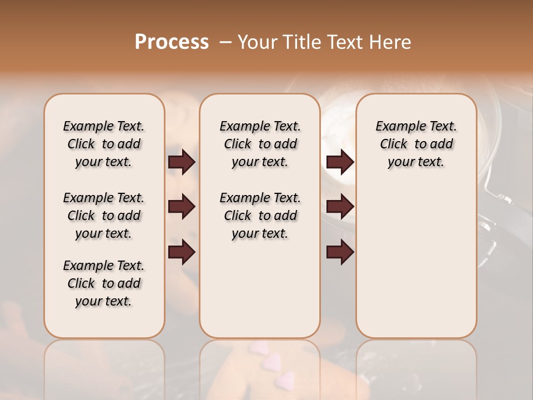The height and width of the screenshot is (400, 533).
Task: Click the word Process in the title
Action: coord(172,42)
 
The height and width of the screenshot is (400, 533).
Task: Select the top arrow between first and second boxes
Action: coord(182,162)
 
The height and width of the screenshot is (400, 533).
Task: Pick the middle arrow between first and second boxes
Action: coord(182,207)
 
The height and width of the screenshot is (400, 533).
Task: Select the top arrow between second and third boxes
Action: coord(340,162)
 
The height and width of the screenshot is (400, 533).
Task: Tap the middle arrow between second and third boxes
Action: coord(340,207)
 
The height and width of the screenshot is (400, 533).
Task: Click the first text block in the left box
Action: coord(104,144)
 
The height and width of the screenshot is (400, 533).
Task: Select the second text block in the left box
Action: coord(104,216)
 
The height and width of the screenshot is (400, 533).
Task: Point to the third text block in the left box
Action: coord(104,283)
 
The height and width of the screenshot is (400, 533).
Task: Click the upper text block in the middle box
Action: coord(260,144)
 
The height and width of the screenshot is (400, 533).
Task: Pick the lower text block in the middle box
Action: coord(260,216)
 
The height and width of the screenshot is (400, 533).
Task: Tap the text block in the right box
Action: coord(416,144)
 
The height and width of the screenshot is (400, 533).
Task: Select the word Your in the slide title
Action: coord(258,42)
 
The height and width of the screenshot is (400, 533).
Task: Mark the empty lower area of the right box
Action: coord(416,261)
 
